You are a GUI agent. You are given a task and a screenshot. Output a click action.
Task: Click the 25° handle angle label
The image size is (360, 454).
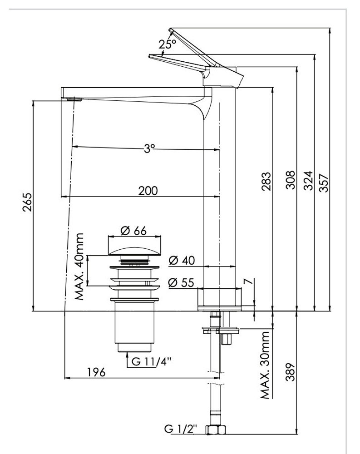click(167, 44)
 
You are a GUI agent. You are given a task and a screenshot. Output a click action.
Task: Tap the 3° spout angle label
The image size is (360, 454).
click(149, 148)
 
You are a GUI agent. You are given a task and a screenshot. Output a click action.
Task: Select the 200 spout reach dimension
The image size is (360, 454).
click(148, 191)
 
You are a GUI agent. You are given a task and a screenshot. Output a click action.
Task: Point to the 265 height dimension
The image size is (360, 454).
click(28, 202)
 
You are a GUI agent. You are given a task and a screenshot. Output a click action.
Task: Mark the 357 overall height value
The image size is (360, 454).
click(323, 183)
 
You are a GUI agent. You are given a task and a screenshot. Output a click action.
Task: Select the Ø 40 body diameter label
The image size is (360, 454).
click(181, 261)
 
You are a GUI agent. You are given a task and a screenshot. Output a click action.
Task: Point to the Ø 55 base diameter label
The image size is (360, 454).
click(181, 282)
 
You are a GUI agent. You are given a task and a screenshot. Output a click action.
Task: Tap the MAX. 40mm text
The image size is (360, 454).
click(80, 267)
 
